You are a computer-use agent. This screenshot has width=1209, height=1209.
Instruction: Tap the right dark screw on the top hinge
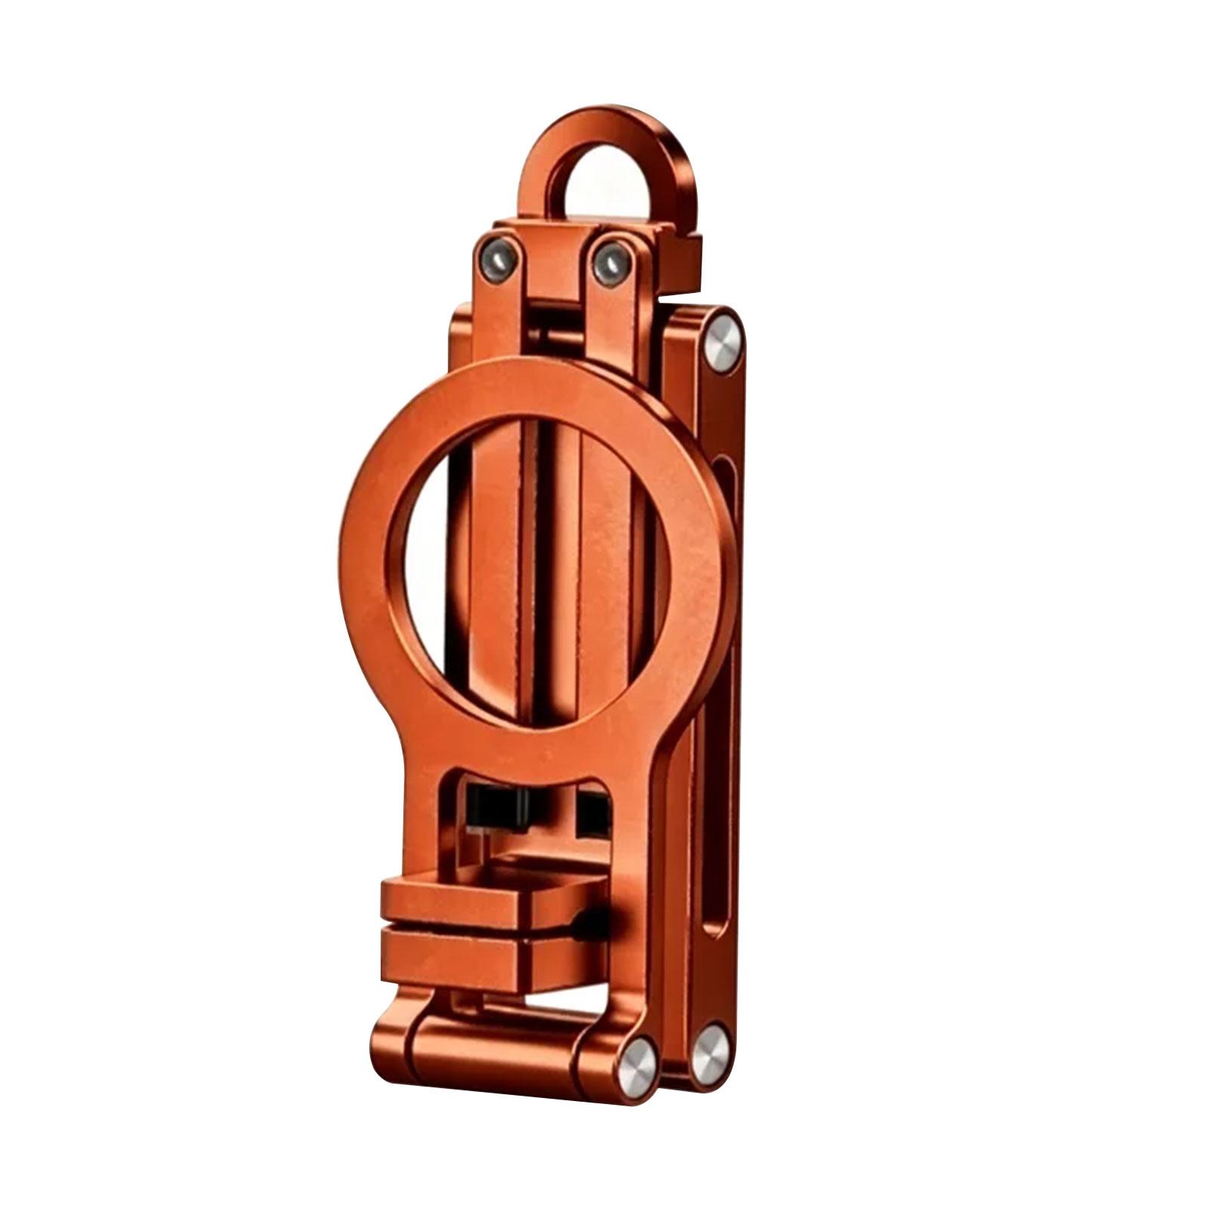(x=610, y=260)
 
